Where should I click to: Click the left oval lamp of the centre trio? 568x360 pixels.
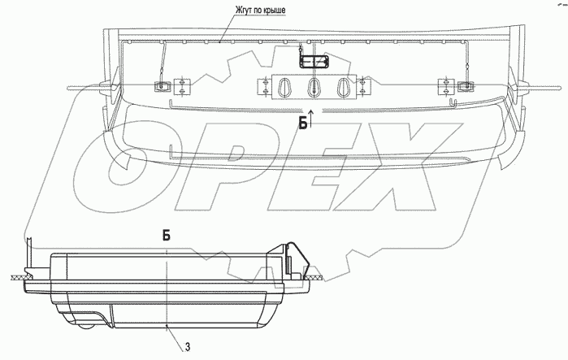(x=284, y=85)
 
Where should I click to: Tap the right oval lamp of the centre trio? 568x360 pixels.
(x=342, y=85)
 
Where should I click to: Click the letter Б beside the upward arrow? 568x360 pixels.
(x=301, y=124)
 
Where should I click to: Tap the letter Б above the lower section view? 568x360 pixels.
(x=166, y=235)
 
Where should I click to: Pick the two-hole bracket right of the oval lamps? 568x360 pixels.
(x=362, y=85)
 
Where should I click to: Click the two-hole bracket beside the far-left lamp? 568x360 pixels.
(x=182, y=85)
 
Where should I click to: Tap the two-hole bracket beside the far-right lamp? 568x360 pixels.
(x=444, y=85)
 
